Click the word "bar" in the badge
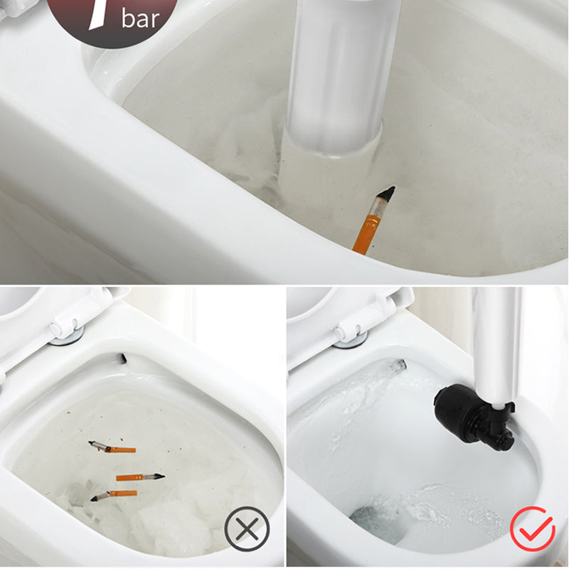coord(141,18)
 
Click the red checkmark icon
coord(533,528)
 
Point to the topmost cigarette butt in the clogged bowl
coord(112,447)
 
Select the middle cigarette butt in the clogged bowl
coord(139,477)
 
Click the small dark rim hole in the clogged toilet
coord(122,358)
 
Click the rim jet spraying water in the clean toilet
coord(393,366)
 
